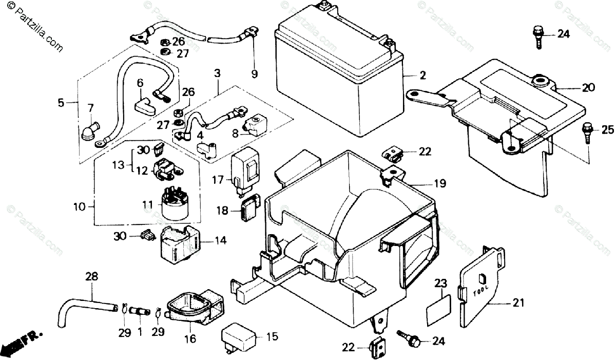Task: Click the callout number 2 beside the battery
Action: (422, 75)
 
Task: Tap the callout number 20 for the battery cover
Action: (589, 87)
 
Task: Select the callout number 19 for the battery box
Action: (440, 183)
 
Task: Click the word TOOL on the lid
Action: (482, 291)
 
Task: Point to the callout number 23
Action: (441, 283)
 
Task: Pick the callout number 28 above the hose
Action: (91, 276)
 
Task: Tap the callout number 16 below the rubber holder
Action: (190, 338)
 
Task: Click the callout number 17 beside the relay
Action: (218, 180)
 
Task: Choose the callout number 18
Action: (222, 211)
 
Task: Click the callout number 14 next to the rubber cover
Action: (220, 240)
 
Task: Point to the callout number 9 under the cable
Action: (255, 74)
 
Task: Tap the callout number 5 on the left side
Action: (61, 103)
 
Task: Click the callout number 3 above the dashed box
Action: (217, 73)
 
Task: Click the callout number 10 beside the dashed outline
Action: (80, 206)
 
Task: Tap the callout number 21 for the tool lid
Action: (518, 302)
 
